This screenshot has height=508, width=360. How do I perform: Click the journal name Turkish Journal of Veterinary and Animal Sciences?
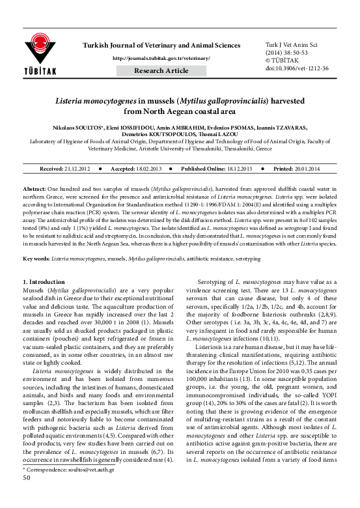pos(161,44)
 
